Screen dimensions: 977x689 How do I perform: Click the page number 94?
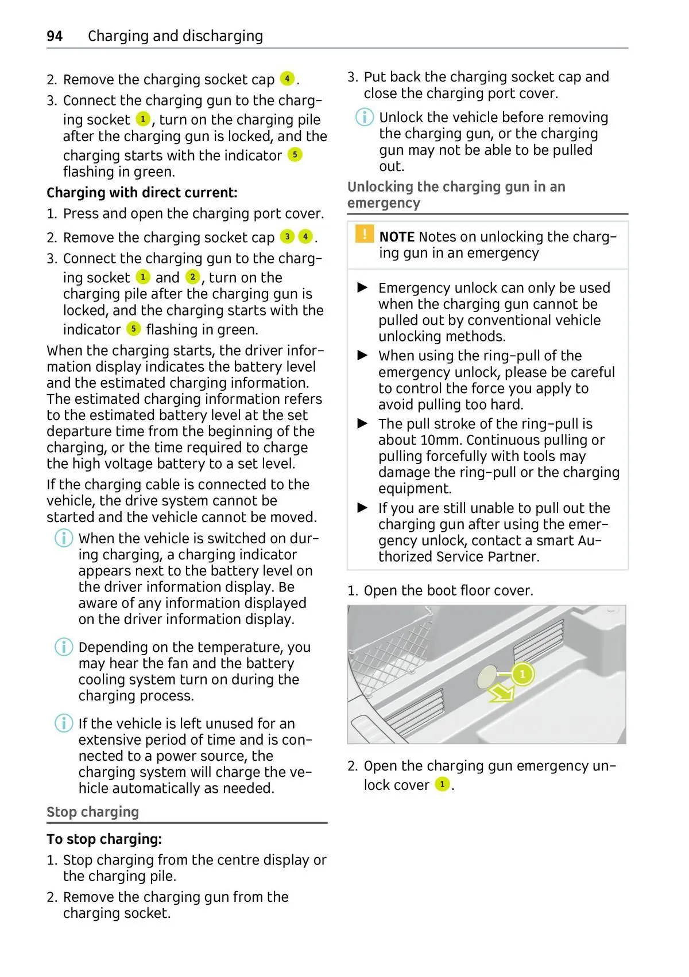55,36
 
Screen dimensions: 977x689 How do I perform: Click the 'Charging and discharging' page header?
175,36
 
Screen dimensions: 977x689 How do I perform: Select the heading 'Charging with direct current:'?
142,193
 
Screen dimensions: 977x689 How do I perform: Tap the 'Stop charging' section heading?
92,812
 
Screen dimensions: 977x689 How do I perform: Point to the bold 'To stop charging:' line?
104,839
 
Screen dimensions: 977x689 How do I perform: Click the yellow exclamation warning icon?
364,235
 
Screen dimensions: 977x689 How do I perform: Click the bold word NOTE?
397,237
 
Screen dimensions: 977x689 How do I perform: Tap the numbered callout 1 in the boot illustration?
522,674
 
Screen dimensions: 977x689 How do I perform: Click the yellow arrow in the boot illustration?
501,694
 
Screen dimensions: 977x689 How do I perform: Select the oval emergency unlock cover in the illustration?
488,677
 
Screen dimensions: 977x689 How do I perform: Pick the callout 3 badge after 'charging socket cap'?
287,236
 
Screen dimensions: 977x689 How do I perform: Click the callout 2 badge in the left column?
192,277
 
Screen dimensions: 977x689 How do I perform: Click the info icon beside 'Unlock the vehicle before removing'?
364,118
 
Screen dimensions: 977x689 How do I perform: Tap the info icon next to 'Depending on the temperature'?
64,647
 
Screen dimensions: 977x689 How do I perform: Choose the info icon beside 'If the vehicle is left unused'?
64,723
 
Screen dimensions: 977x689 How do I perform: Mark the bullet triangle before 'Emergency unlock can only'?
362,287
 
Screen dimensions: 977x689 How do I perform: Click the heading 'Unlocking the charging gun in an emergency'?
456,194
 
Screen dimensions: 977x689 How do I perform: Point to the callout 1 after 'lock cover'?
442,784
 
